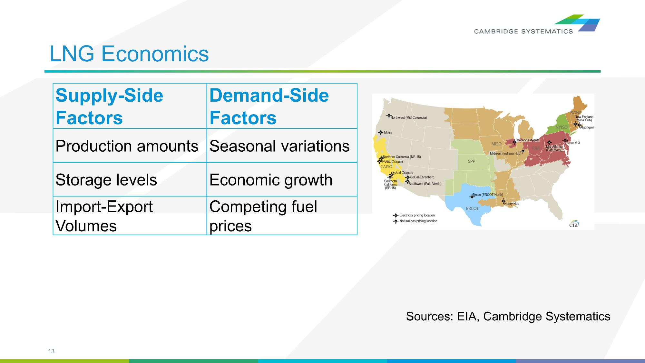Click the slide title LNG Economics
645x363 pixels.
[x=129, y=54]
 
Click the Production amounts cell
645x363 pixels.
[x=127, y=146]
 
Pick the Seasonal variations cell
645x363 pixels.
[x=279, y=146]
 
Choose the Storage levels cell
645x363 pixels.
[x=106, y=180]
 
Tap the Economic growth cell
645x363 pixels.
[x=271, y=180]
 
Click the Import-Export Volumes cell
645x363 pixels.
[x=104, y=216]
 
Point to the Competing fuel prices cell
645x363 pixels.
[x=263, y=216]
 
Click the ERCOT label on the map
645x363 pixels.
[x=472, y=208]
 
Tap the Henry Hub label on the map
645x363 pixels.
[x=512, y=204]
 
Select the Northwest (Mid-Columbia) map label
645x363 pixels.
[x=408, y=117]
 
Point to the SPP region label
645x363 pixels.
[x=471, y=161]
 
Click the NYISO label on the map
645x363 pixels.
[x=561, y=127]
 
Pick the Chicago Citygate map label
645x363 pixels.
[x=527, y=140]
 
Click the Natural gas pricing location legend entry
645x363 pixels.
[x=418, y=221]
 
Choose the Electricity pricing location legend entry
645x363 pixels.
[x=417, y=215]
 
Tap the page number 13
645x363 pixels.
[x=51, y=351]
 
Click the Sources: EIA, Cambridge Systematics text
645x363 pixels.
[x=508, y=316]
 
